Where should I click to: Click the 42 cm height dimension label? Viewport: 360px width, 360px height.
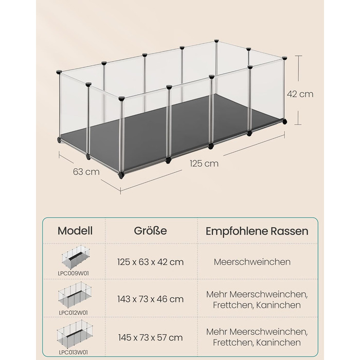pos(300,94)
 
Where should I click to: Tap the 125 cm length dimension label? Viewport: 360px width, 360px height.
pos(204,164)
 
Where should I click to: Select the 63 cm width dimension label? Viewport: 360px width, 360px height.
pos(86,172)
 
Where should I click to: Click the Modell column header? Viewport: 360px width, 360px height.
pos(75,231)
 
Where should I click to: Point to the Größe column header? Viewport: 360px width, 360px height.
pos(150,231)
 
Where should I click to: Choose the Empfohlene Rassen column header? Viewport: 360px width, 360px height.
pos(257,231)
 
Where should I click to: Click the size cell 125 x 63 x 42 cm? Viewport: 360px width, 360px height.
pos(150,262)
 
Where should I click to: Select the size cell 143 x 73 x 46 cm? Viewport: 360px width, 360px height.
pos(150,299)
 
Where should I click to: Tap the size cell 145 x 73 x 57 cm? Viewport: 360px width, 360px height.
pos(150,338)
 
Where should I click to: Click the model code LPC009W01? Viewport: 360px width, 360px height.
pos(73,274)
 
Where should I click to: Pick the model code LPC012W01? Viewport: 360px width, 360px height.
pos(73,313)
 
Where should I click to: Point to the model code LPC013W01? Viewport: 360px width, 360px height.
pos(73,352)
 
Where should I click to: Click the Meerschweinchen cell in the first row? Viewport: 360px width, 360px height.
pos(252,262)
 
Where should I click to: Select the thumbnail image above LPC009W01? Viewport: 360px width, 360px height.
pos(76,257)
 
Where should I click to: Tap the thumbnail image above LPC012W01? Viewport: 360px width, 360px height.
pos(75,296)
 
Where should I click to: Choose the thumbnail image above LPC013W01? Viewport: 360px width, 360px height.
pos(75,335)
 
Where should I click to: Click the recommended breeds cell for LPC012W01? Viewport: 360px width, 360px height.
pos(257,300)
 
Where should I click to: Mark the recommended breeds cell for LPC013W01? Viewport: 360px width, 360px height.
pos(257,337)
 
